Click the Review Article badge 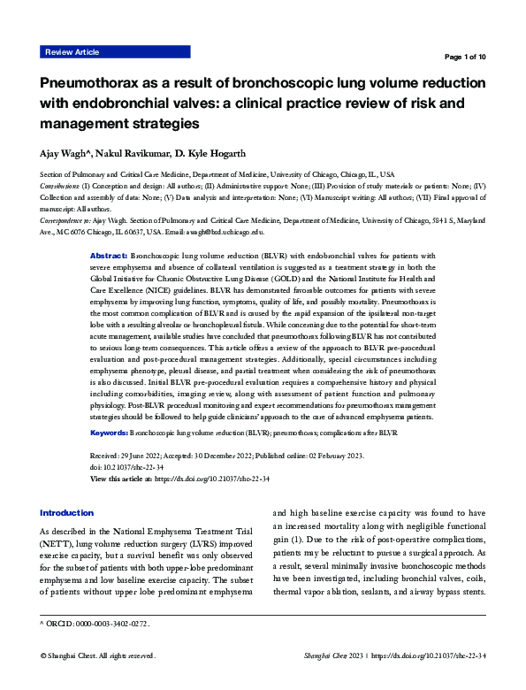pyautogui.click(x=72, y=53)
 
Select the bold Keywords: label pyautogui.click(x=110, y=433)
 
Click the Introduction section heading pyautogui.click(x=67, y=513)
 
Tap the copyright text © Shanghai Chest pyautogui.click(x=72, y=656)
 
